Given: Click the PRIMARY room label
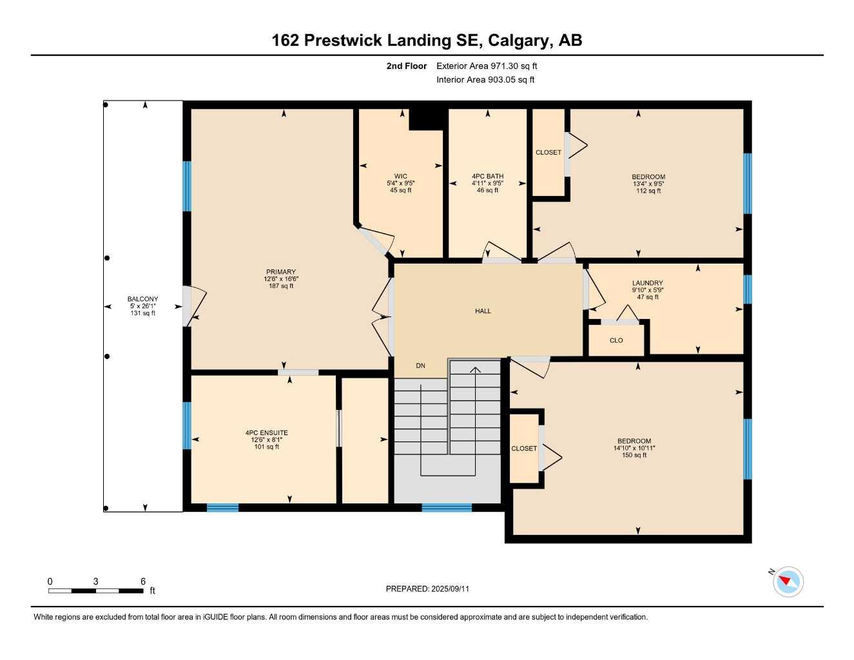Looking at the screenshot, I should point(280,272).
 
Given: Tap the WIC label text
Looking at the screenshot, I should point(400,176).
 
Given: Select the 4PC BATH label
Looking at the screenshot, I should point(487,176).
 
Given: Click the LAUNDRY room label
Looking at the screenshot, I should point(647,283).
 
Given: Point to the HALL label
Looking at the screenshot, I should point(483,311).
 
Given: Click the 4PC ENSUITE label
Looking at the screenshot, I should point(266,433).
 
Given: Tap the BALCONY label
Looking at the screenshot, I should point(142,299).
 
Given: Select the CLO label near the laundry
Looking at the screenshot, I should point(616,340).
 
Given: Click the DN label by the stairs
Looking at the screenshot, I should point(420,365).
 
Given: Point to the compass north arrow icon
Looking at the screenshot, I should point(787,582).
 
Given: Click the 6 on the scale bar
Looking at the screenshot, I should point(143,581).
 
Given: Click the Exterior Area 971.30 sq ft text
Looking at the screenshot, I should point(487,66).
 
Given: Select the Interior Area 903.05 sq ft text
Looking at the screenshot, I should point(485,80).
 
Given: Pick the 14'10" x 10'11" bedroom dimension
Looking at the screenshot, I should point(634,448).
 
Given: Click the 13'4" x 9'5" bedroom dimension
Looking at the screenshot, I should point(648,184).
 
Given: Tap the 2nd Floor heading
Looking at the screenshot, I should point(406,66).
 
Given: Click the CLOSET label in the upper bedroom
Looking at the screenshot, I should point(548,152).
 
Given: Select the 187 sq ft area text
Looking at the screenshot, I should point(280,286).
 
